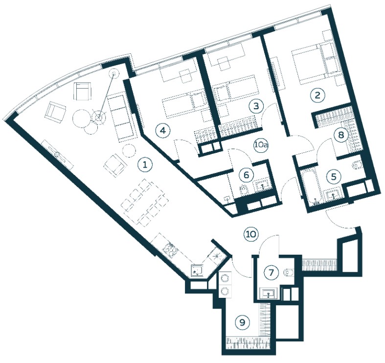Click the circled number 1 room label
tap(145, 164)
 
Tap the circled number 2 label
tap(317, 95)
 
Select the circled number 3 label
tap(256, 106)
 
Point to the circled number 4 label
tap(163, 130)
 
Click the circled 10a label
tap(261, 145)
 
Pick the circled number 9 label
tap(242, 322)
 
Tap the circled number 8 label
tap(341, 135)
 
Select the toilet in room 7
tap(288, 272)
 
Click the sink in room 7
tap(269, 293)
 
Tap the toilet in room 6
tap(244, 190)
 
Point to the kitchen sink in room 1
tap(198, 270)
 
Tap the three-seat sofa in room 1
tap(121, 118)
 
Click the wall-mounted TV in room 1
tap(58, 155)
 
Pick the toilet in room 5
tap(357, 165)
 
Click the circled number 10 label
tap(251, 234)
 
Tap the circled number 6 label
tap(246, 175)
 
